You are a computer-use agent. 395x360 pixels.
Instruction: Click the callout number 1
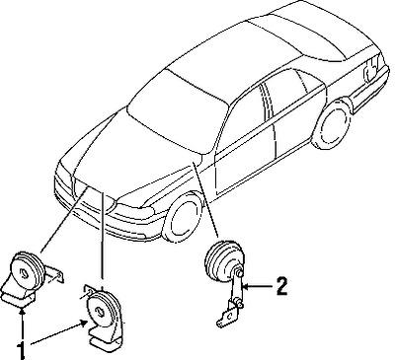click(x=21, y=351)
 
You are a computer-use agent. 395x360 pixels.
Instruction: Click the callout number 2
click(x=282, y=287)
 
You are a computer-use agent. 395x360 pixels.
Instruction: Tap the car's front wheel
click(x=182, y=217)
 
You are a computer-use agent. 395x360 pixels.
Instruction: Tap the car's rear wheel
click(x=332, y=124)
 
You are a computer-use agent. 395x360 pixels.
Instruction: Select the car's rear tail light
click(x=370, y=70)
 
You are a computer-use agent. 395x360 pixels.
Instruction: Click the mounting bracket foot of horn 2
click(x=227, y=315)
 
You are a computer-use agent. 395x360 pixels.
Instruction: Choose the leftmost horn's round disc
click(x=28, y=272)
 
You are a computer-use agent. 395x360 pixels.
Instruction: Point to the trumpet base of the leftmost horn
click(x=17, y=294)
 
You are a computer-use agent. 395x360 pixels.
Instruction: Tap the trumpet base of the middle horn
click(x=107, y=338)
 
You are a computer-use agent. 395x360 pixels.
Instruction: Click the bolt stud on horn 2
click(x=239, y=273)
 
